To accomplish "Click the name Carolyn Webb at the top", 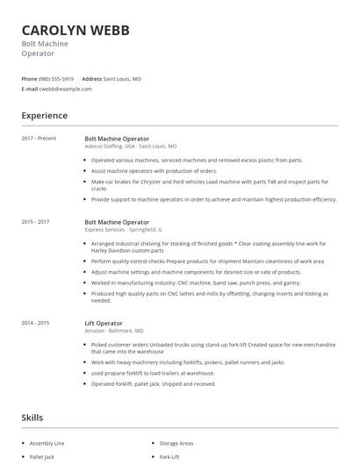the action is pyautogui.click(x=76, y=30).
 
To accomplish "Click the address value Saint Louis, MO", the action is pyautogui.click(x=122, y=78).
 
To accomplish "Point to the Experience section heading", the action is pyautogui.click(x=45, y=115).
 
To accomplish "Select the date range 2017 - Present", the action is pyautogui.click(x=39, y=139).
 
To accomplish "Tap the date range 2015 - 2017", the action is pyautogui.click(x=35, y=222).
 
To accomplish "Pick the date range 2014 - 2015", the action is pyautogui.click(x=35, y=323).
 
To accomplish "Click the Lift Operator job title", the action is pyautogui.click(x=104, y=323).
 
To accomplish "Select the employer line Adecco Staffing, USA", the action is pyautogui.click(x=130, y=147).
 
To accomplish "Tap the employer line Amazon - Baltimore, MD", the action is pyautogui.click(x=114, y=331).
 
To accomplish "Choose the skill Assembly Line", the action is pyautogui.click(x=47, y=445).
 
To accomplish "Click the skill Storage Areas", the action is pyautogui.click(x=176, y=445).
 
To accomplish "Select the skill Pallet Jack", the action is pyautogui.click(x=42, y=457).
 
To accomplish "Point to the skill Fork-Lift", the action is pyautogui.click(x=169, y=457).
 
